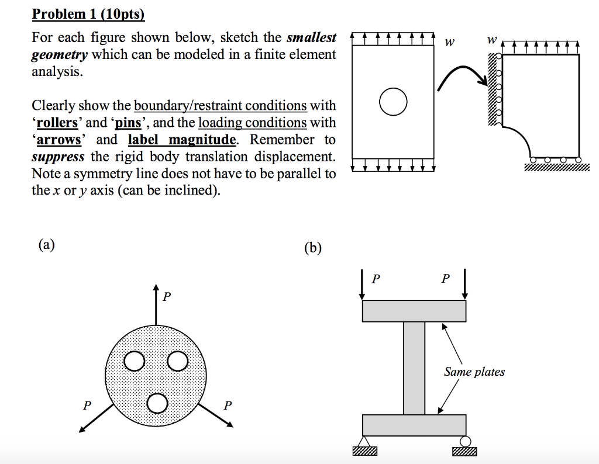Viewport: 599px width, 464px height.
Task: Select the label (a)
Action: click(46, 245)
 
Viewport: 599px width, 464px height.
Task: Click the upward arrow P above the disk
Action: click(156, 304)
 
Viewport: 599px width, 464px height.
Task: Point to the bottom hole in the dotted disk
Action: click(157, 403)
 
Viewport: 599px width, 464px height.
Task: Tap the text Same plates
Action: click(474, 372)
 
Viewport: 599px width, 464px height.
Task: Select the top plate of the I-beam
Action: click(414, 311)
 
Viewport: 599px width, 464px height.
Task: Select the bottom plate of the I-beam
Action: click(414, 425)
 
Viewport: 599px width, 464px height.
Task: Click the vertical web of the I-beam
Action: click(414, 368)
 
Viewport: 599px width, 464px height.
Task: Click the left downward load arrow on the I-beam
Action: click(363, 285)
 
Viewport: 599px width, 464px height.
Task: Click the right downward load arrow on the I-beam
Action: click(466, 285)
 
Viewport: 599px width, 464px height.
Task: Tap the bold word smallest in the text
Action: click(311, 38)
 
